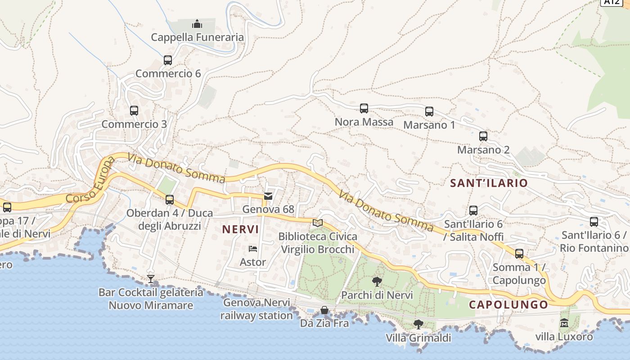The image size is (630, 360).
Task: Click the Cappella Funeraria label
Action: [197, 37]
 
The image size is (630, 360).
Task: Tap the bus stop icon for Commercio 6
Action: [168, 60]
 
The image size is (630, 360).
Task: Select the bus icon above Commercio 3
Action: [134, 110]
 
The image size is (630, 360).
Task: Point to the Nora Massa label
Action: [364, 122]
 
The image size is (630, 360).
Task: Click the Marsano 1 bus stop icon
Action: [429, 111]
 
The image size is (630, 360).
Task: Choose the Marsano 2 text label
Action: [483, 150]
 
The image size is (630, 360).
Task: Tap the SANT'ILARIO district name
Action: [489, 183]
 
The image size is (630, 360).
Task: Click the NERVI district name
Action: [240, 229]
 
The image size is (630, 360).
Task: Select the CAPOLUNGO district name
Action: [508, 305]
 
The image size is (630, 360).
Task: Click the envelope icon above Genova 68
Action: [268, 196]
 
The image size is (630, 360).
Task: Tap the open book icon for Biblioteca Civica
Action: [318, 223]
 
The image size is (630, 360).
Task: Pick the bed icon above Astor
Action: [253, 249]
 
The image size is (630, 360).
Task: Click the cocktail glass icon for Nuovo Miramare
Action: [151, 279]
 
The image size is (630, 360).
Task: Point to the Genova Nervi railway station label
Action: [256, 309]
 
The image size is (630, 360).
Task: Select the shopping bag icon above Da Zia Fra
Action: [324, 310]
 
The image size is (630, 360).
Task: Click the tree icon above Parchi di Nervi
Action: [377, 282]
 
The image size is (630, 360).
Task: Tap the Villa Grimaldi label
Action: [418, 337]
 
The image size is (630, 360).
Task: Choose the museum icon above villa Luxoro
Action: [564, 323]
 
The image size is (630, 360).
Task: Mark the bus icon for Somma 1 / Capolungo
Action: [519, 253]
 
